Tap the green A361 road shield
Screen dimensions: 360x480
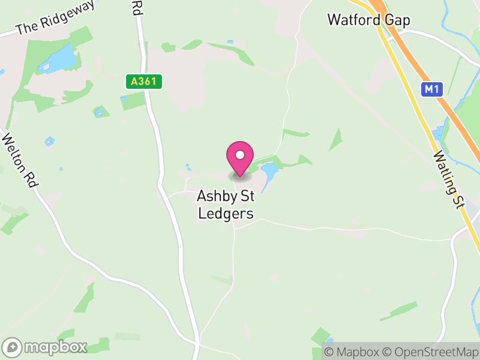(144, 82)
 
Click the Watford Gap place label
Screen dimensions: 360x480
(368, 20)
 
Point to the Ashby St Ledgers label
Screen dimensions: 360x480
(227, 205)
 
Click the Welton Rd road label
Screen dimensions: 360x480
(20, 162)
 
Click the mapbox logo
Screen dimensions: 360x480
(46, 347)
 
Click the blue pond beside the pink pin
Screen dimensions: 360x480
(268, 173)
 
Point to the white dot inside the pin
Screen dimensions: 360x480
(240, 155)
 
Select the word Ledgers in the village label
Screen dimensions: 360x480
(227, 214)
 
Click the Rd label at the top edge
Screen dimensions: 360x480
(137, 7)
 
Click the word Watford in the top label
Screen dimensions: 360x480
(354, 20)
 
